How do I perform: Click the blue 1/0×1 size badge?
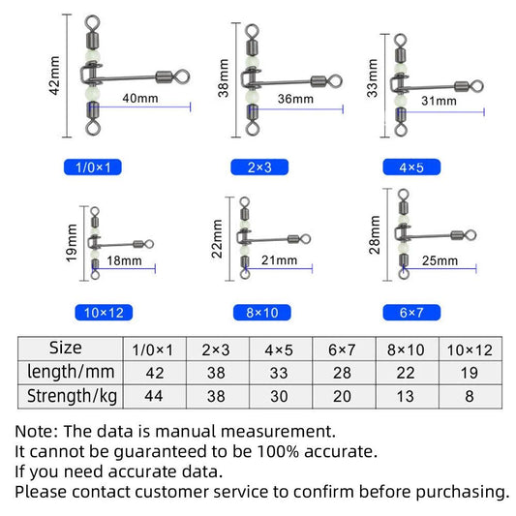[99, 167]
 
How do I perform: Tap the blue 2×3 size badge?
[259, 167]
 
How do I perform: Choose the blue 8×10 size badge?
[259, 312]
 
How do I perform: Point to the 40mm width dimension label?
[139, 99]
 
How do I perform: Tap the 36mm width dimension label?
[295, 99]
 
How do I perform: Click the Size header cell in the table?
[65, 348]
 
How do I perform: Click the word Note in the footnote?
[36, 431]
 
